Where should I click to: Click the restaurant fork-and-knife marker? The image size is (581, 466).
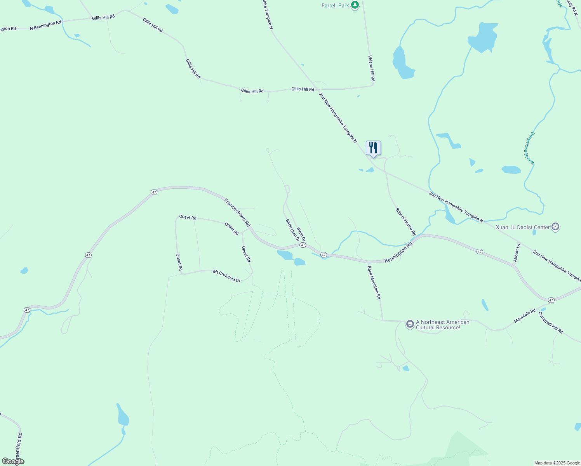(373, 148)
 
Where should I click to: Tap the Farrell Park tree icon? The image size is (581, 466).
(355, 5)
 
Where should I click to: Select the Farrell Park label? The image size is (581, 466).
(335, 5)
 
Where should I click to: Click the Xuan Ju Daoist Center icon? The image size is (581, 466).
(555, 227)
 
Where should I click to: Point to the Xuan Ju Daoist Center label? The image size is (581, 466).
(523, 227)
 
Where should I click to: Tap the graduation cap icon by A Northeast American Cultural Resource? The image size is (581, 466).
(410, 324)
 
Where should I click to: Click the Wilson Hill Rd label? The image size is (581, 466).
(371, 68)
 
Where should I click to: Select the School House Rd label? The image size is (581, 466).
(405, 222)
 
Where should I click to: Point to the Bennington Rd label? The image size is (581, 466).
(398, 253)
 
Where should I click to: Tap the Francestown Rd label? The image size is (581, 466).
(237, 212)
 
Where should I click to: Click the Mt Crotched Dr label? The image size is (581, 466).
(226, 276)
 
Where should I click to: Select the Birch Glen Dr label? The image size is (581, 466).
(292, 230)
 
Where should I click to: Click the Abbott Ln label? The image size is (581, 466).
(517, 253)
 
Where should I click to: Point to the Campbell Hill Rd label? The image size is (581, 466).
(551, 323)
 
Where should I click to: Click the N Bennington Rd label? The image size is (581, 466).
(45, 25)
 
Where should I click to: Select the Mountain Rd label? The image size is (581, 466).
(525, 316)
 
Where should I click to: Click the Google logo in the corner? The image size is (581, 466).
(13, 461)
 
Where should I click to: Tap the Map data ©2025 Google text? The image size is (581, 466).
(557, 463)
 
